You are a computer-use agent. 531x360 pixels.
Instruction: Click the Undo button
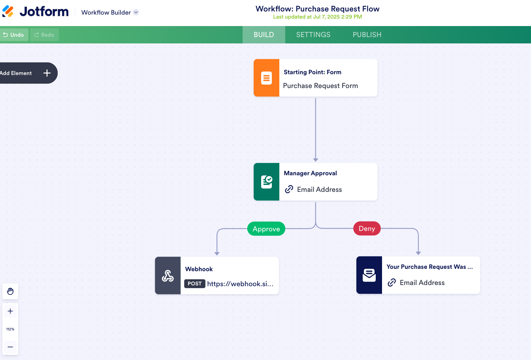click(14, 35)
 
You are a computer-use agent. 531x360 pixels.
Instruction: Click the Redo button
click(44, 35)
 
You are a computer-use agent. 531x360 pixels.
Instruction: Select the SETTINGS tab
click(313, 35)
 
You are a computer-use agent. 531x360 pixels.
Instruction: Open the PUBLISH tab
click(367, 35)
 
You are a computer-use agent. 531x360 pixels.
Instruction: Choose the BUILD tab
click(264, 35)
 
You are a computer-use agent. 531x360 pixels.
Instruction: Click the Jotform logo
click(36, 12)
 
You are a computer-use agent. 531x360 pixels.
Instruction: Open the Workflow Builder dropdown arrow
click(136, 12)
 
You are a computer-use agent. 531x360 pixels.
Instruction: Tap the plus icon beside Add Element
click(47, 73)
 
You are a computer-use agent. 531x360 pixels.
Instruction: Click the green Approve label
click(266, 229)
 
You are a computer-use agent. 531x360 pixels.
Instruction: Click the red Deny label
click(367, 229)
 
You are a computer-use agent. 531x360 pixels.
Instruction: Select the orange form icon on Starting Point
click(267, 78)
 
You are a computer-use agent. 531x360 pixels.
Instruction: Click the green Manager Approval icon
click(267, 182)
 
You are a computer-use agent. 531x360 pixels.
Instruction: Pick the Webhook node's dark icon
click(168, 276)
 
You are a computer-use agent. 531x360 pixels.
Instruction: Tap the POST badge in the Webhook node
click(195, 284)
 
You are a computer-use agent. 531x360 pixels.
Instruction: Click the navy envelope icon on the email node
click(369, 275)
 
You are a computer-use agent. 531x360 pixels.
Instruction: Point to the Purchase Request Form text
click(320, 86)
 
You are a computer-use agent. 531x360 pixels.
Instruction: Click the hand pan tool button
click(10, 291)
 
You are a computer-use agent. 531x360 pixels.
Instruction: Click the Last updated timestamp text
click(317, 17)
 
